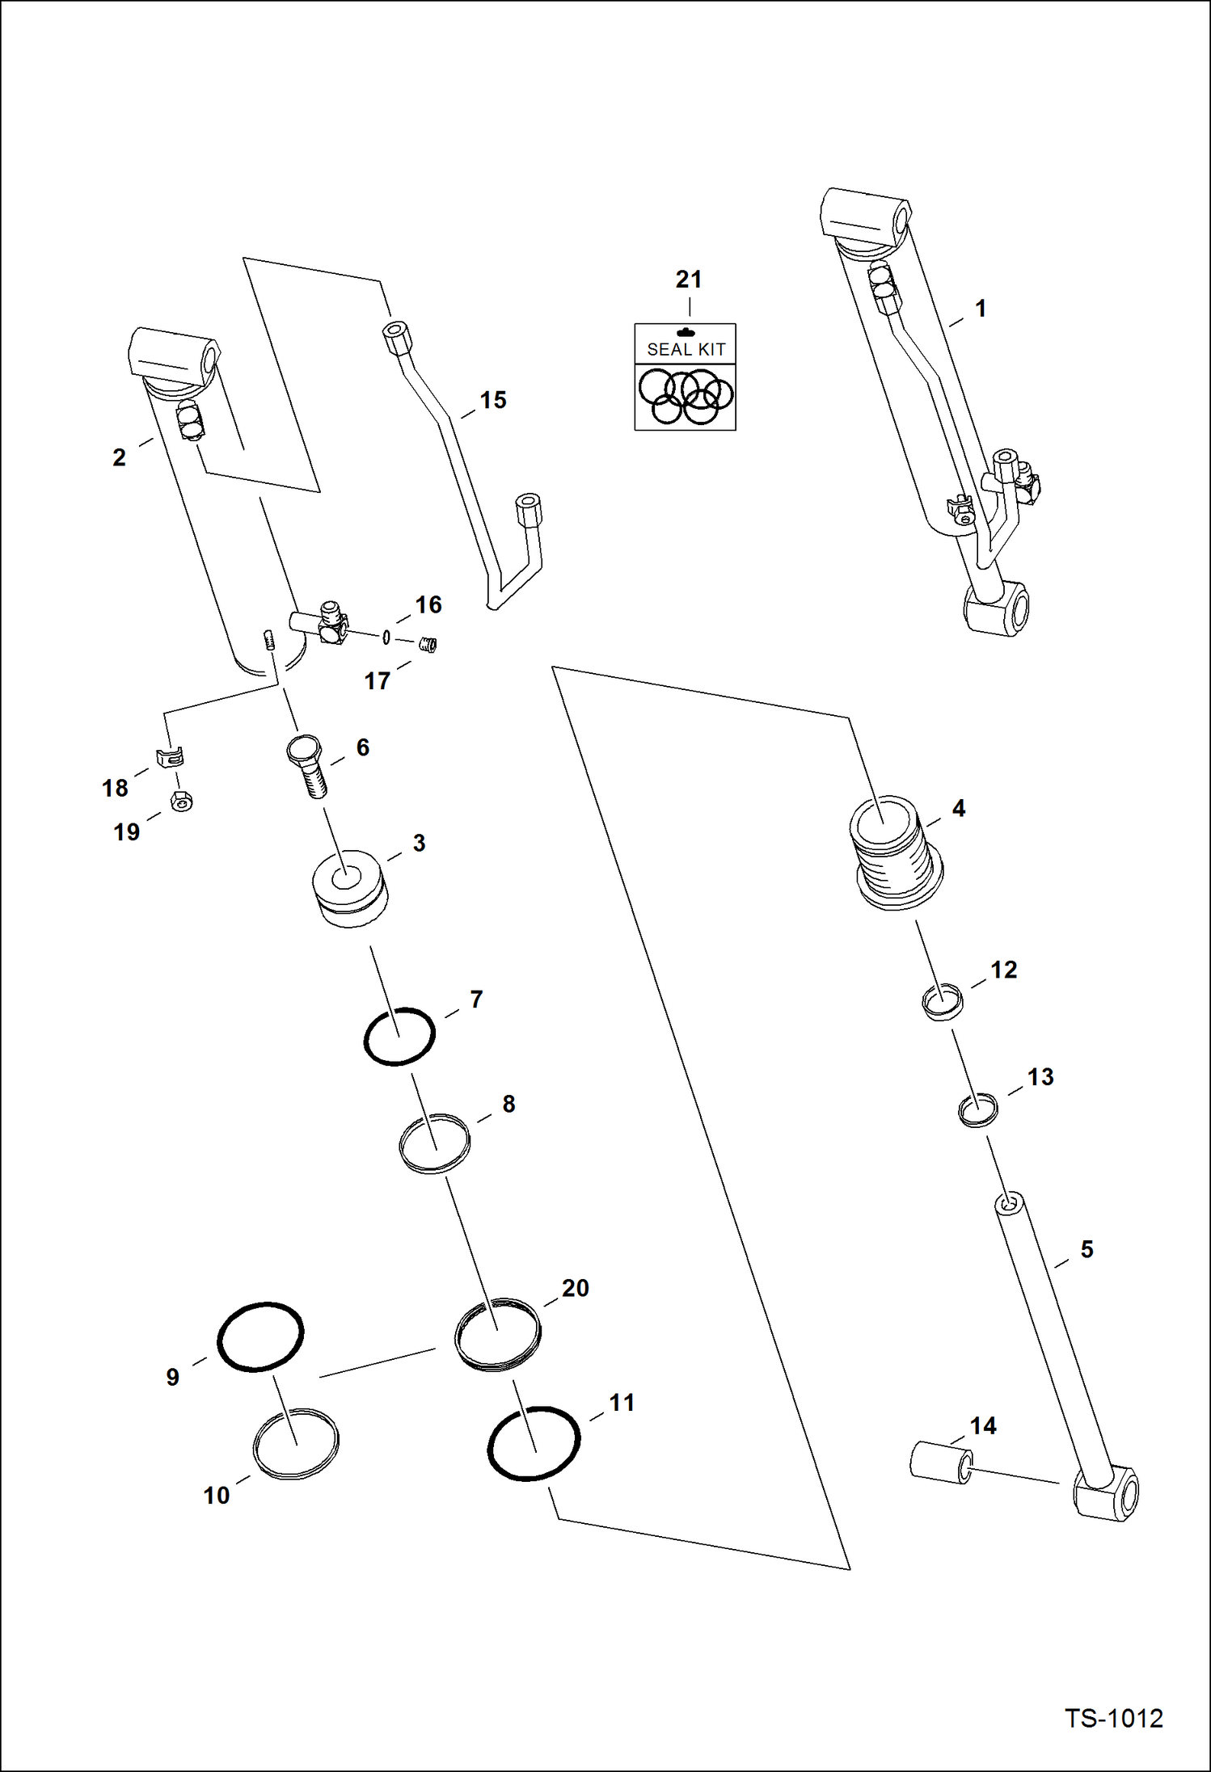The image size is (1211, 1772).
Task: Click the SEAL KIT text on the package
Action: tap(686, 349)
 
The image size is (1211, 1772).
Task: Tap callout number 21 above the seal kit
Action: tap(688, 280)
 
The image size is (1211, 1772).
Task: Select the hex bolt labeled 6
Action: tap(307, 764)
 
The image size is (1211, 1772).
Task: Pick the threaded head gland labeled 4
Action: tap(896, 857)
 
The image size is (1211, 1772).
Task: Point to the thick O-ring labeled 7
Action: tap(399, 1037)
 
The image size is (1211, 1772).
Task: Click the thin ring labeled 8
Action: tap(435, 1143)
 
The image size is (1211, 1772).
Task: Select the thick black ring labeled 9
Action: tap(260, 1336)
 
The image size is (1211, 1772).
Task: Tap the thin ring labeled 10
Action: tap(296, 1443)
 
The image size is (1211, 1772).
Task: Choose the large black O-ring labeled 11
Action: tap(534, 1443)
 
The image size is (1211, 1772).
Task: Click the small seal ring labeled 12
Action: tap(943, 1002)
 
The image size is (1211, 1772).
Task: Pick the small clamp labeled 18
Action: tap(170, 757)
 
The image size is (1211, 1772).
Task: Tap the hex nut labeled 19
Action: tap(183, 802)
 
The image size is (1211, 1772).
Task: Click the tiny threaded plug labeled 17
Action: tap(429, 644)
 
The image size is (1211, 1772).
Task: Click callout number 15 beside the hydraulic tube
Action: tap(492, 400)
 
